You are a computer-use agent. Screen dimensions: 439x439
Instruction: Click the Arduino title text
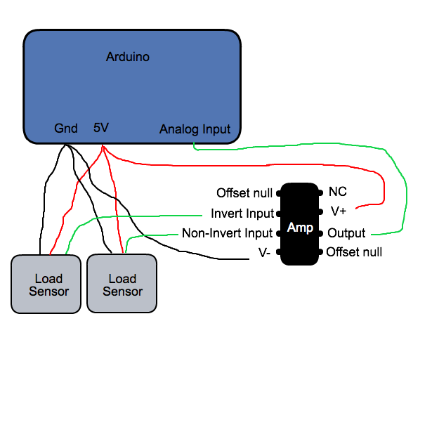tap(127, 57)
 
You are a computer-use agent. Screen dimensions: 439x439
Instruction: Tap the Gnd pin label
tap(66, 129)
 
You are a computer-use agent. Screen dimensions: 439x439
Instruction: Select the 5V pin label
tap(101, 128)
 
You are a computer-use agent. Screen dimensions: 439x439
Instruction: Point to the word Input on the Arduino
tap(216, 129)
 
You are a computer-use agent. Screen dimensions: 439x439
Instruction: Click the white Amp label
tap(300, 228)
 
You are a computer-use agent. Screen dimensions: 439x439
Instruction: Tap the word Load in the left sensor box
tap(48, 279)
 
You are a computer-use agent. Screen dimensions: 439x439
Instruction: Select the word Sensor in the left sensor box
tap(48, 291)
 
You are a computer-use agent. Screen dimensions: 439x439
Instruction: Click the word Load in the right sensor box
tap(122, 279)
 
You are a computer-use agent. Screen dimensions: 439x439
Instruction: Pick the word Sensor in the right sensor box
tap(122, 291)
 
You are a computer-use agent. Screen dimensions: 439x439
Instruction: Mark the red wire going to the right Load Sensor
tap(115, 204)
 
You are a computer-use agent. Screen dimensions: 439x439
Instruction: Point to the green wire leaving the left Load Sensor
tap(126, 217)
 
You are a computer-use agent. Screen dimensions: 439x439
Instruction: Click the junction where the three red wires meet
tap(103, 147)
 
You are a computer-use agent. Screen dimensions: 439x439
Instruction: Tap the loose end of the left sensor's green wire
tap(202, 216)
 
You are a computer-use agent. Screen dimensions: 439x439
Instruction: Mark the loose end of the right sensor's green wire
tap(178, 235)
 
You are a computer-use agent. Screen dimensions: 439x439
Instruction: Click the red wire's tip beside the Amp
tap(357, 209)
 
